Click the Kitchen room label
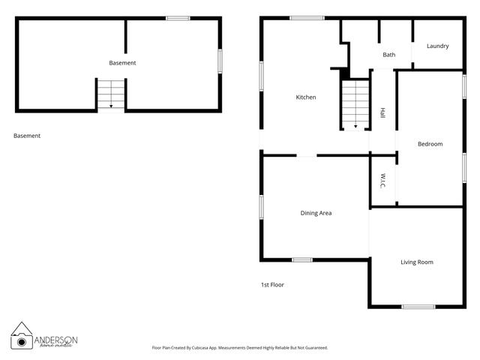306,97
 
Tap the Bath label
388,55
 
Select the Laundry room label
438,46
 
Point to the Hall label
382,112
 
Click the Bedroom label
430,144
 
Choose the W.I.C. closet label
383,181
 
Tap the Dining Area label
316,213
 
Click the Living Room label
417,262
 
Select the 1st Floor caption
272,285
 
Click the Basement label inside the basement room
122,63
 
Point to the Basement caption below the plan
27,136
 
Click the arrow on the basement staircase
111,106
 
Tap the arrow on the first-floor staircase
355,126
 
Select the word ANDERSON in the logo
55,340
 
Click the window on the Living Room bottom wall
418,307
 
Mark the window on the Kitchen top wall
307,18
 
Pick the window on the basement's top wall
178,18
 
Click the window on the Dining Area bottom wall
302,260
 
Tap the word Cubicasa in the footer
199,348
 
